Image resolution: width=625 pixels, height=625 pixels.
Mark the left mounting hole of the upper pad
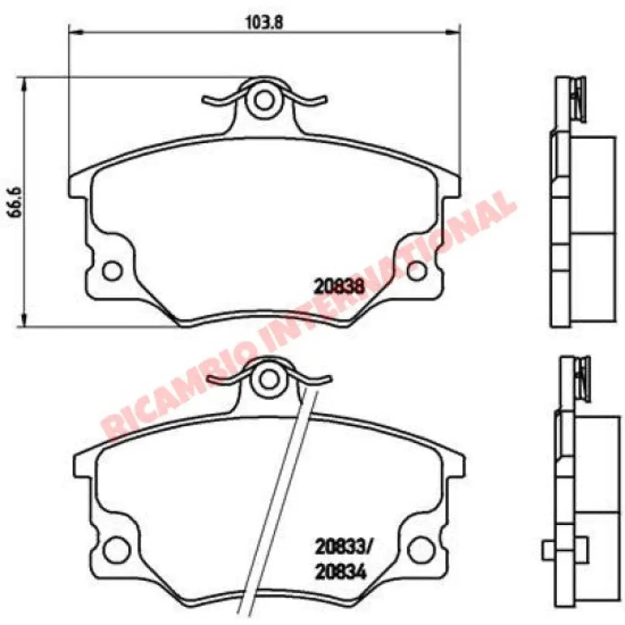tap(112, 270)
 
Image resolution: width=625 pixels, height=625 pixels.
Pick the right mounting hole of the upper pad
tap(416, 270)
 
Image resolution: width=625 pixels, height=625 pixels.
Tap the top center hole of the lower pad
tap(269, 378)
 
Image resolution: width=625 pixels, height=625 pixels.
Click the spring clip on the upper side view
tap(577, 100)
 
